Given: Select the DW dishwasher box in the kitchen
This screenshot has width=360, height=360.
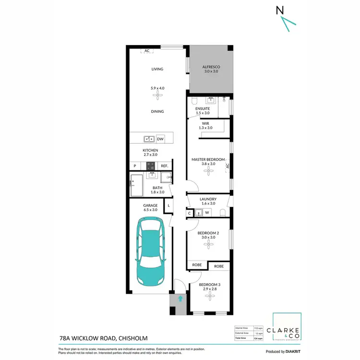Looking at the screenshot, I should point(160,139).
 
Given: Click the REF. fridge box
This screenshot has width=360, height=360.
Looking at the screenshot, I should point(164,166).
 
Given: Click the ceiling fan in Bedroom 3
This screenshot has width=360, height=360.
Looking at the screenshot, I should point(209,296).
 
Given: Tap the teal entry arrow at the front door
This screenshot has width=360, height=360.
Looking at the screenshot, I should point(180,299).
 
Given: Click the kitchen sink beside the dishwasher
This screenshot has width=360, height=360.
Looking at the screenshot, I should point(149,139).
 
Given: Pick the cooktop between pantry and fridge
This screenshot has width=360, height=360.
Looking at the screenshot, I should point(151,166).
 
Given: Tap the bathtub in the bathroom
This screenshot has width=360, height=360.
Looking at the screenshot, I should point(136,186).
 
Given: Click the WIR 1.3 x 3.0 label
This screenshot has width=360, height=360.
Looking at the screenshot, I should point(205,126).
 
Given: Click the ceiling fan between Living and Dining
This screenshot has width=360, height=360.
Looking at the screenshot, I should point(157,95).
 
